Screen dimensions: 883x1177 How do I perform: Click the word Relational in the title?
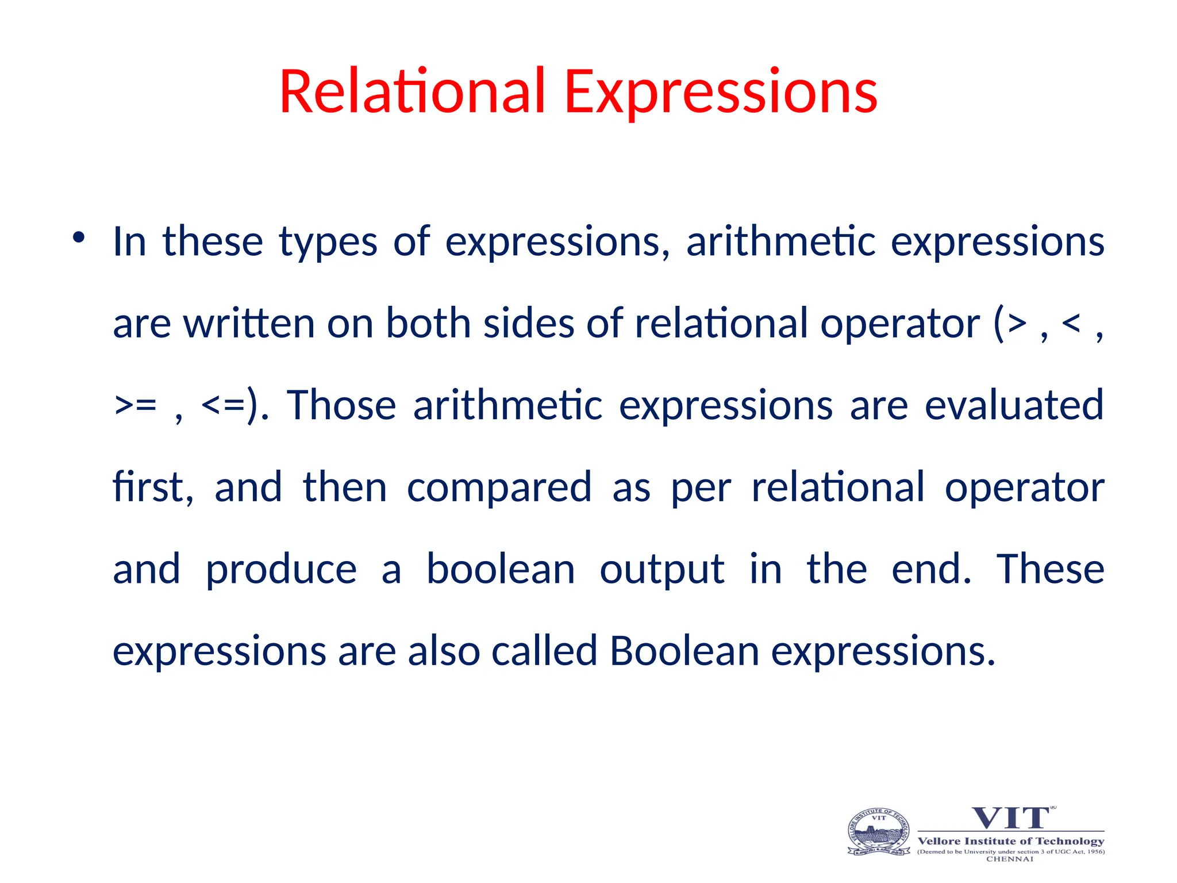tap(411, 92)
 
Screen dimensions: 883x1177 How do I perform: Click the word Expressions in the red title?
tap(721, 92)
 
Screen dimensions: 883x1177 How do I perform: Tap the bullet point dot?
tap(79, 237)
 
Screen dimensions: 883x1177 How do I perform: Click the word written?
tap(249, 323)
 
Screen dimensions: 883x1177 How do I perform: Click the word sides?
tap(529, 323)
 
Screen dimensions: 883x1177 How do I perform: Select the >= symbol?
tap(136, 405)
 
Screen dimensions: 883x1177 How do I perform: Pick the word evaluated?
tap(1014, 405)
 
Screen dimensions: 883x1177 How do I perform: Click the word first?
tap(153, 487)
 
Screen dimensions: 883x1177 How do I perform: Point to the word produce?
tap(281, 570)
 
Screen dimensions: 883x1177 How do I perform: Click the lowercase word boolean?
tap(500, 569)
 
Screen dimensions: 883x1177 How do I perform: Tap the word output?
tap(661, 570)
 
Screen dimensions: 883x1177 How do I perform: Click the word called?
tap(544, 651)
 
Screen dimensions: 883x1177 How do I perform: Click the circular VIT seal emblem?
tap(879, 832)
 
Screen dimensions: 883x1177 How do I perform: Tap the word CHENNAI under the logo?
tap(1010, 859)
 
